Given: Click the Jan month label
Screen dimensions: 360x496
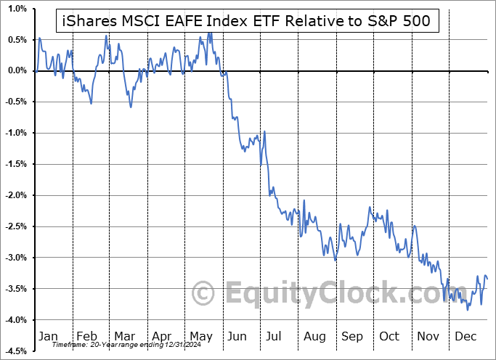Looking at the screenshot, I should pyautogui.click(x=47, y=337).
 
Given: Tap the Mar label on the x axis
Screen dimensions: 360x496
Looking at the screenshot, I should pyautogui.click(x=124, y=337).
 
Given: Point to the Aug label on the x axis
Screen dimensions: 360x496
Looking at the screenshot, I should pyautogui.click(x=315, y=337).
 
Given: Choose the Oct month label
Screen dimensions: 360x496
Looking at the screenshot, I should pyautogui.click(x=390, y=337).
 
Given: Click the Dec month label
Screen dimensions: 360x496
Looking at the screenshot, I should pyautogui.click(x=466, y=337).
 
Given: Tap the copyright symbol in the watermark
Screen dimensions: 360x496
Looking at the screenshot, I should pyautogui.click(x=204, y=294).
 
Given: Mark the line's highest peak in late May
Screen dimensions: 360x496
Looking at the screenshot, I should pyautogui.click(x=210, y=32).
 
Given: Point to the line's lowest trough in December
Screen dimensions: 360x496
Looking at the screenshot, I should pyautogui.click(x=468, y=310).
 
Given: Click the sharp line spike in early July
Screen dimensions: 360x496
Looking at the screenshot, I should pyautogui.click(x=264, y=131).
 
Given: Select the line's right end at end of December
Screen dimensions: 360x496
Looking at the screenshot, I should pyautogui.click(x=487, y=279).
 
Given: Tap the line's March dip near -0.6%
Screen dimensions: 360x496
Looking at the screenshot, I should pyautogui.click(x=131, y=107).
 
